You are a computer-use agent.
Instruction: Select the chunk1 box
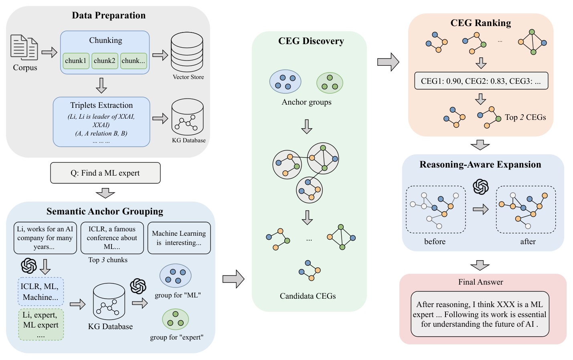(76, 61)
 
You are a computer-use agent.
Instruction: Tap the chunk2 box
(105, 61)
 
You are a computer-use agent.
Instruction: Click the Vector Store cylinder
(187, 52)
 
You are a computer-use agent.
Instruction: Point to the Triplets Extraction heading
(101, 105)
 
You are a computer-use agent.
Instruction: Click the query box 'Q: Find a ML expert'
(105, 173)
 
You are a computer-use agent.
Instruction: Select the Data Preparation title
(109, 15)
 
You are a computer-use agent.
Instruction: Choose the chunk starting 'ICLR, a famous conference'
(112, 238)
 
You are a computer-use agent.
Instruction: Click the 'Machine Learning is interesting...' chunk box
(179, 238)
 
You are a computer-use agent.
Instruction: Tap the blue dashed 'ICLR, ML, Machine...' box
(40, 291)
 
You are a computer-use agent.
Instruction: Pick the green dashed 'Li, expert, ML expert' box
(40, 324)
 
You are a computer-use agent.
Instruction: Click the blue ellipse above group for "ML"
(175, 276)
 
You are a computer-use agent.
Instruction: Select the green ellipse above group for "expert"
(175, 319)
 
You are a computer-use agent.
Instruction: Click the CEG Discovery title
(311, 41)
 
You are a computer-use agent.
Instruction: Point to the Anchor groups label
(306, 102)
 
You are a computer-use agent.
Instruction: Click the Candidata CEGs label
(308, 296)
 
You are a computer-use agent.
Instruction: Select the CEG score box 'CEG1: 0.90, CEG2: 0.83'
(481, 81)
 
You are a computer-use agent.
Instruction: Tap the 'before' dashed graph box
(435, 209)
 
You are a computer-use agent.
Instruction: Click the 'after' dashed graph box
(526, 209)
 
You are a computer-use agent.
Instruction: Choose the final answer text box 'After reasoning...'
(480, 314)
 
